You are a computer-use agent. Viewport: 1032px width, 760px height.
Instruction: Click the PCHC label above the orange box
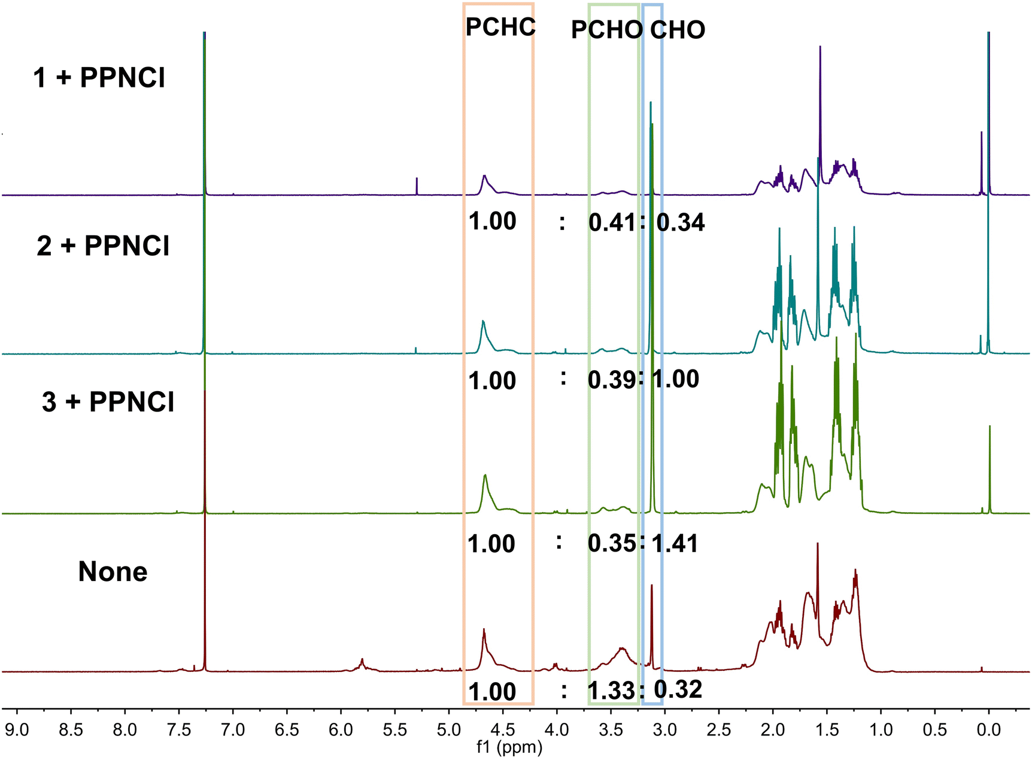pos(500,27)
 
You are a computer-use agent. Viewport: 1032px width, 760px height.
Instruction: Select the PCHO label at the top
pos(606,30)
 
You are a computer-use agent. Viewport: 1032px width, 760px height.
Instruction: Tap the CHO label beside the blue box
pos(678,30)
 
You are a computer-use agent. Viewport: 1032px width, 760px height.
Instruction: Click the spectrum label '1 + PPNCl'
pos(99,78)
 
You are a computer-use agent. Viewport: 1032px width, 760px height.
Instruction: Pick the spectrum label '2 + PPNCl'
pos(103,246)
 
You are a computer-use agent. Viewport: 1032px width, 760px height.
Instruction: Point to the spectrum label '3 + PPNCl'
pos(108,402)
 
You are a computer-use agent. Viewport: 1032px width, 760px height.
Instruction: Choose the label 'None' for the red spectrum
pos(113,571)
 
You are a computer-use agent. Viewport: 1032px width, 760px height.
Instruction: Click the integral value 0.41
pos(612,222)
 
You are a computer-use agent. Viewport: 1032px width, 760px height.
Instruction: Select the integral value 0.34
pos(681,222)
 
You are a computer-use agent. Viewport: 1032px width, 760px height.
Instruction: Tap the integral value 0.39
pos(611,380)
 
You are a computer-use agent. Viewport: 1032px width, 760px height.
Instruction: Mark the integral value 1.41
pos(675,543)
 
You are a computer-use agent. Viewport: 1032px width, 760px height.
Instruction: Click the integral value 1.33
pos(611,691)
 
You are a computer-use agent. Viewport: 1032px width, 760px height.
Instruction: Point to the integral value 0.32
pos(678,690)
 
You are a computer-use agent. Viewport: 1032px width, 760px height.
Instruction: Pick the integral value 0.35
pos(611,543)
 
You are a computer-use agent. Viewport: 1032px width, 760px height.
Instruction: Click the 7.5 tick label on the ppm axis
pos(178,729)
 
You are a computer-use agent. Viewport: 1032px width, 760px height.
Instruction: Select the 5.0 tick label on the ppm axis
pos(448,729)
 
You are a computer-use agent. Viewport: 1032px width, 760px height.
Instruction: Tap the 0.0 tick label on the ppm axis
pos(988,729)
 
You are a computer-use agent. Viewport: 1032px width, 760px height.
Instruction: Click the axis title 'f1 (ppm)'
pos(509,747)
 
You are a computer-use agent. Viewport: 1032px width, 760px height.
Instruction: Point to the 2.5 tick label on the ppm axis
pos(718,729)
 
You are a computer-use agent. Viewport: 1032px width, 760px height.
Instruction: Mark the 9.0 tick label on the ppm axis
pos(17,729)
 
